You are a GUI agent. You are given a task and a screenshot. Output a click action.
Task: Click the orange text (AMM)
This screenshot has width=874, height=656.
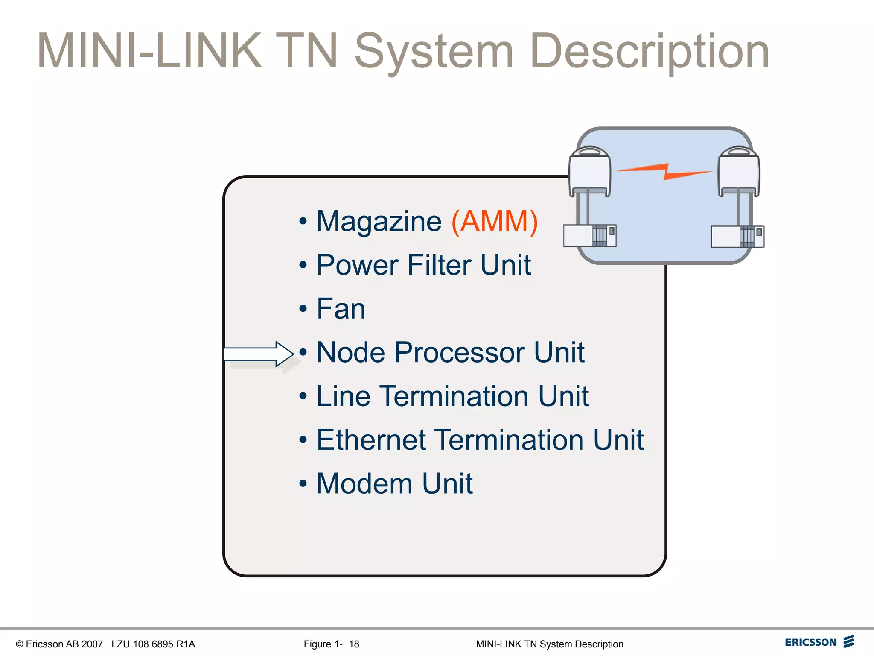point(495,222)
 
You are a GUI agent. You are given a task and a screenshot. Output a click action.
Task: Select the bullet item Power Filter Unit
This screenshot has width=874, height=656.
point(423,265)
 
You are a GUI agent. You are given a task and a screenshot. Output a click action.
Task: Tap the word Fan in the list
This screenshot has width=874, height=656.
point(341,309)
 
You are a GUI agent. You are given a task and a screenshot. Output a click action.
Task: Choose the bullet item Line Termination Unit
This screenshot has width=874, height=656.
point(452,396)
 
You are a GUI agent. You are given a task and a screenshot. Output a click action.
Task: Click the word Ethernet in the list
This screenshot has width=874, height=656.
point(371,440)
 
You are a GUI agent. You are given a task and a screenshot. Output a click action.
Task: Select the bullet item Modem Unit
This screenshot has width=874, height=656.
point(394,484)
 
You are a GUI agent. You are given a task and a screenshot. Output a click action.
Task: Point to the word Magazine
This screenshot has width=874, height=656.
point(379,222)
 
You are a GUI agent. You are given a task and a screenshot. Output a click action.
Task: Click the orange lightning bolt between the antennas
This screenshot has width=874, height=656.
point(664,171)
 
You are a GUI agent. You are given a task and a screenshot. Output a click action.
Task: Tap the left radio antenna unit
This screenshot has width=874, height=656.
point(590,171)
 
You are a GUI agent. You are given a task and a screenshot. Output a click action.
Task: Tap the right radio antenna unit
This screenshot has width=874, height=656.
point(738,171)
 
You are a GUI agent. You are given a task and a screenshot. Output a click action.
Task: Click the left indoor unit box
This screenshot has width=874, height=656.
point(590,236)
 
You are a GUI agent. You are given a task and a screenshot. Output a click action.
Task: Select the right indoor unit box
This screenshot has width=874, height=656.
point(737,237)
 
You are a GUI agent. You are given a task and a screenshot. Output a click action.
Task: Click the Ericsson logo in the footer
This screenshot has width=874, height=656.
point(819,642)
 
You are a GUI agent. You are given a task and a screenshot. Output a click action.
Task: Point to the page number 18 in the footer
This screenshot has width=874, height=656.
point(354,644)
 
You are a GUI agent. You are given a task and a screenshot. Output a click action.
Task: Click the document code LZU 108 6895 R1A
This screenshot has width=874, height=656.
point(153,644)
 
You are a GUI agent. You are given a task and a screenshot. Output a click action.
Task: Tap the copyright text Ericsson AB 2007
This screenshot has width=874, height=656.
point(60,644)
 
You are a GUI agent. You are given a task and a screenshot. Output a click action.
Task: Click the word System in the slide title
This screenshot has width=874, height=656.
point(434,52)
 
